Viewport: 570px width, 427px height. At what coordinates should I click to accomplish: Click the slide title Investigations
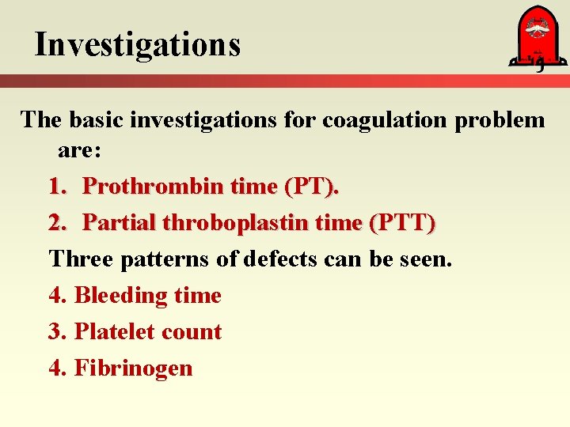(137, 44)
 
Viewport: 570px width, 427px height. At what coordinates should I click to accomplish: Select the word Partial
(120, 223)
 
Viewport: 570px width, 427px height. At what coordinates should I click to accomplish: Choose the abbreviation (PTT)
(401, 224)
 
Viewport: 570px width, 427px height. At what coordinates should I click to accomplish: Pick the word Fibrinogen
(133, 368)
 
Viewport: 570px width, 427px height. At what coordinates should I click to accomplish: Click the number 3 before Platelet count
(55, 331)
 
